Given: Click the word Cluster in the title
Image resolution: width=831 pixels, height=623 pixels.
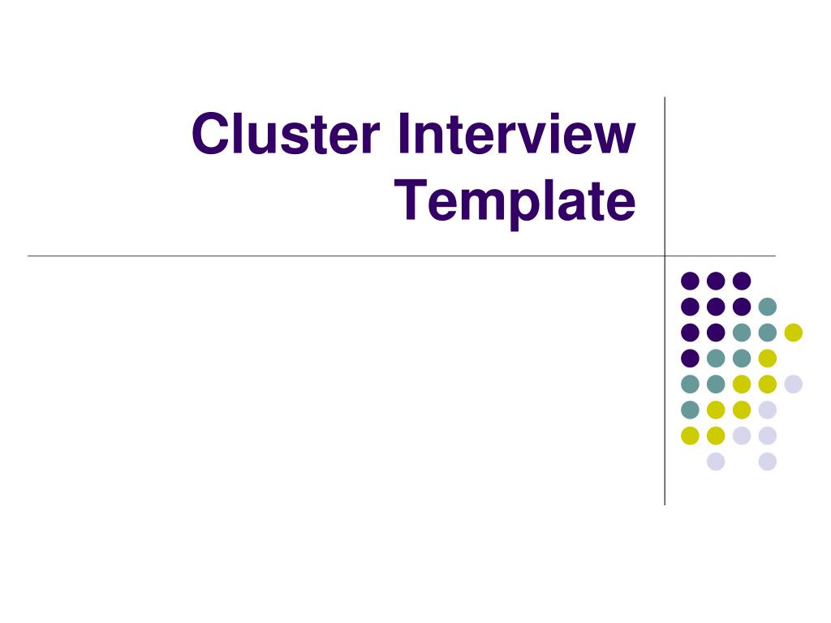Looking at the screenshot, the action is coord(286,134).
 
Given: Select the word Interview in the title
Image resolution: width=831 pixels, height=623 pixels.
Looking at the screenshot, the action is coord(517,134).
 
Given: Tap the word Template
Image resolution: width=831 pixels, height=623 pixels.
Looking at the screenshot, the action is coord(515,202).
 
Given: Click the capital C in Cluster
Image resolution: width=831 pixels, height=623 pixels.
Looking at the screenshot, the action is coord(211,134).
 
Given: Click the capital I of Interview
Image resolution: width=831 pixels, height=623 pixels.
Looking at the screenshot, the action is coord(403,134).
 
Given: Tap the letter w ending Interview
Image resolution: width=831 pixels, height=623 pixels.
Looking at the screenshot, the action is coord(612,139).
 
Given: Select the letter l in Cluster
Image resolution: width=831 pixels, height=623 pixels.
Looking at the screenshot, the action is coord(241,134).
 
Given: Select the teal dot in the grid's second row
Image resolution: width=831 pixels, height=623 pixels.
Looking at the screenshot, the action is coord(768,306).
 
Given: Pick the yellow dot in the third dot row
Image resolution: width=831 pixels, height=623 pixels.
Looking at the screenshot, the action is coord(794,332).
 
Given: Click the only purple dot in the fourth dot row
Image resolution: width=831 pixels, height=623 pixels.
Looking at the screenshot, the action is coord(690,358).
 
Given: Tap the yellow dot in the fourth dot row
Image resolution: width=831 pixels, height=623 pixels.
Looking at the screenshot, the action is coord(768,358).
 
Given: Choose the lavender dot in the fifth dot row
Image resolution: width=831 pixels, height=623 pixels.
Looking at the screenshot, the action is coord(794,384).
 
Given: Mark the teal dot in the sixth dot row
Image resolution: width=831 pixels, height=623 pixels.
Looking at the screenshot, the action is coord(690,410).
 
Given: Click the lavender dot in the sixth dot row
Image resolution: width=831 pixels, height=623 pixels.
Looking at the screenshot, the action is coord(768,410).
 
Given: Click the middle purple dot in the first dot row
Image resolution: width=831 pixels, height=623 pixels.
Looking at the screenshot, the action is coord(716,281).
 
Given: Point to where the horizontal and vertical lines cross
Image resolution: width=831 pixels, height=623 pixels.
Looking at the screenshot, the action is coord(665,256).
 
